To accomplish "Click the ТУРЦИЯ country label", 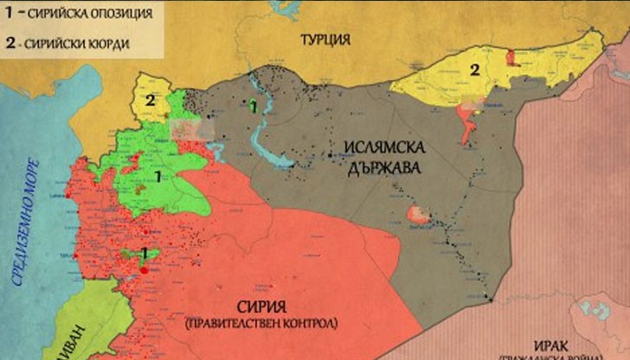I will pyautogui.click(x=325, y=39).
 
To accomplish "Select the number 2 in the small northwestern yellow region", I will pyautogui.click(x=150, y=101).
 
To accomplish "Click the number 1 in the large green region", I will pyautogui.click(x=157, y=177).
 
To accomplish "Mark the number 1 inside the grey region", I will pyautogui.click(x=253, y=107).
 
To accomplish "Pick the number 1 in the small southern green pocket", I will pyautogui.click(x=145, y=253).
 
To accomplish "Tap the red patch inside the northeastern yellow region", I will pyautogui.click(x=511, y=56).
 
